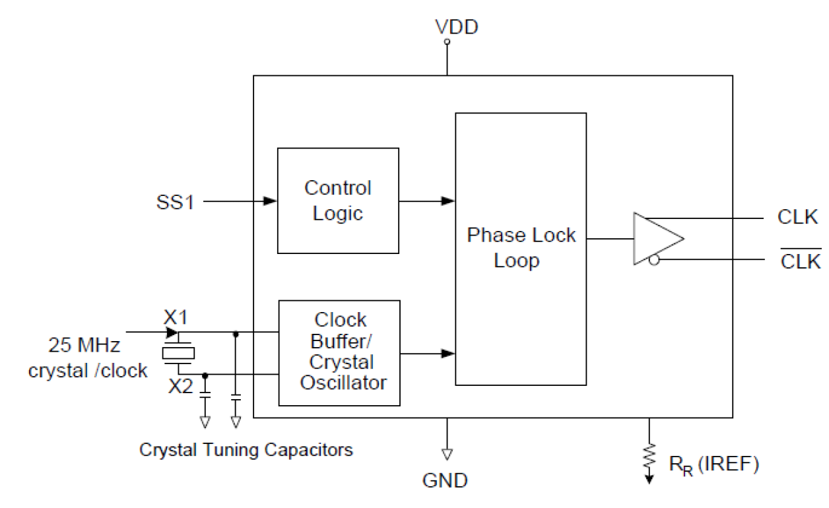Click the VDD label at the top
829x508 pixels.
(456, 27)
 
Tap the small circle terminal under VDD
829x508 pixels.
(447, 42)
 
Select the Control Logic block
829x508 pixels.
(337, 201)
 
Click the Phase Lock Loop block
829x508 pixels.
(520, 249)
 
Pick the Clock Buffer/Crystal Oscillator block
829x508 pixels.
(339, 352)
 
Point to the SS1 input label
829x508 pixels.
(176, 202)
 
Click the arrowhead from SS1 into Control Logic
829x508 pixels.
(269, 201)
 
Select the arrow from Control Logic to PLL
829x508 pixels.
(447, 201)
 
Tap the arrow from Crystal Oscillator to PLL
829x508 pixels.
(447, 354)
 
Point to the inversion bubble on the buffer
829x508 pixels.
(653, 261)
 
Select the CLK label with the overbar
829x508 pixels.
(800, 261)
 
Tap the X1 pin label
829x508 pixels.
(176, 317)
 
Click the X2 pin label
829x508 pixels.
(180, 386)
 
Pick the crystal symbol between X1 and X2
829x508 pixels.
(179, 352)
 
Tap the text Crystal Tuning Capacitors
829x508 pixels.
(246, 450)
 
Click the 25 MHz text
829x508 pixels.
(84, 345)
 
